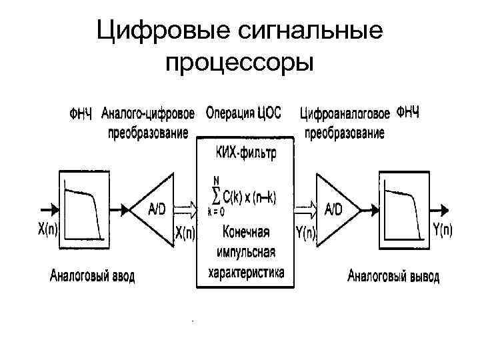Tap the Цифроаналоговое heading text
345,114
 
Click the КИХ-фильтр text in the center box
245,153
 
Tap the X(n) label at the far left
47,230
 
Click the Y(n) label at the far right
442,230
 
